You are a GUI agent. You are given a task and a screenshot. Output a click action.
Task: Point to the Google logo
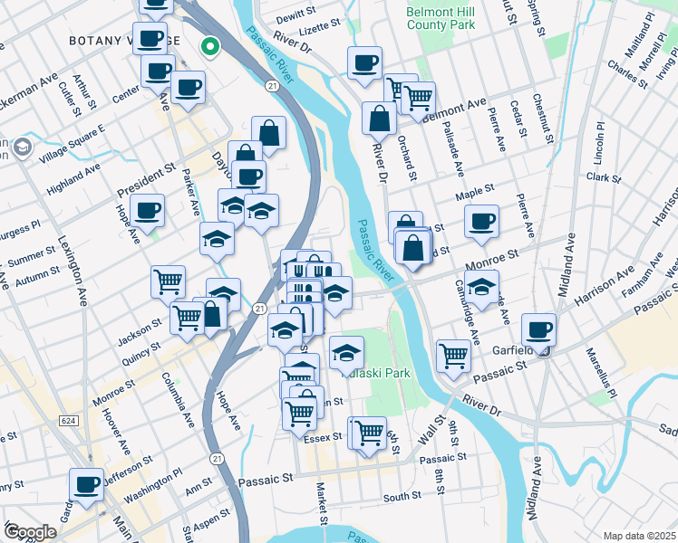coord(29,532)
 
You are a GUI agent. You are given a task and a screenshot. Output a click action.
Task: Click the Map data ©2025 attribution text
coord(639,535)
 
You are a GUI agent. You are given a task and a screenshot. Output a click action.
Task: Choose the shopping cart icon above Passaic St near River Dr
coord(453,354)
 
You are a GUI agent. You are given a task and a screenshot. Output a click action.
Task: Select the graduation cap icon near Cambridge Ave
coord(483,286)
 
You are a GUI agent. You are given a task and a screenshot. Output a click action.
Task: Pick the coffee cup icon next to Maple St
coord(481,220)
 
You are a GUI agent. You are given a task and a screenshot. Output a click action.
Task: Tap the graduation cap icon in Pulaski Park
coord(346,351)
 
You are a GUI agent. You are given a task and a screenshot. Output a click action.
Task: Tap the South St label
coord(402,498)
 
